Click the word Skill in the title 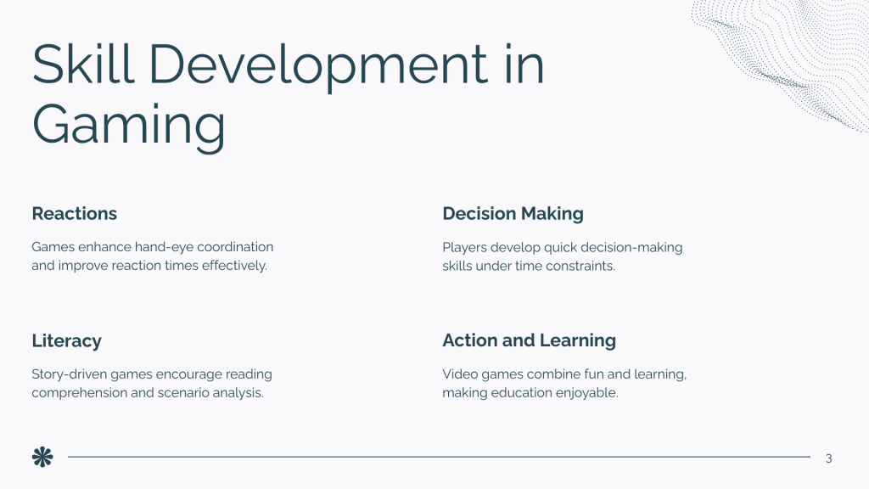83,64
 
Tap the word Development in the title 319,66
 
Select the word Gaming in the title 129,126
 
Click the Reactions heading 75,213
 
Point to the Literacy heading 66,341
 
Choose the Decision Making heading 513,214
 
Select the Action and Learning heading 529,340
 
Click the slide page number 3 828,458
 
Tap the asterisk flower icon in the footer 42,457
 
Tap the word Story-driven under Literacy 70,374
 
